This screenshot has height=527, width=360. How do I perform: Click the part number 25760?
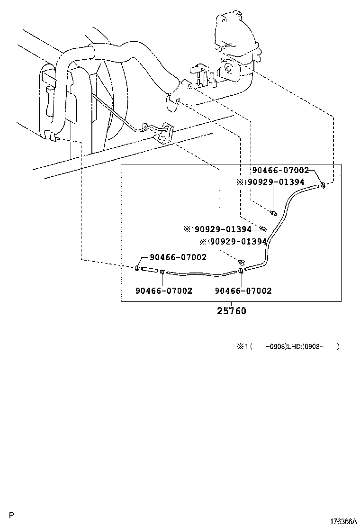[232, 311]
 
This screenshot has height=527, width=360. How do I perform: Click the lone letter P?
[12, 515]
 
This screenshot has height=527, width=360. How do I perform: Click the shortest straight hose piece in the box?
[149, 270]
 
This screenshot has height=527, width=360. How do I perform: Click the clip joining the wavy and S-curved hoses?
[241, 271]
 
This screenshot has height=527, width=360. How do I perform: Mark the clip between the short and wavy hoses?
[162, 272]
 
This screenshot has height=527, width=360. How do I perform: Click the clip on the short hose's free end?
[137, 268]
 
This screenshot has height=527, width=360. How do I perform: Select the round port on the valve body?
[228, 68]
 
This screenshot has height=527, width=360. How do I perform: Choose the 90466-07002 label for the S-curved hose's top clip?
[280, 171]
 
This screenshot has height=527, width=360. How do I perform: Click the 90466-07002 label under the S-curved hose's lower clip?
[243, 291]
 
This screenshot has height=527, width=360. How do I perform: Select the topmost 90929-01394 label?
[270, 182]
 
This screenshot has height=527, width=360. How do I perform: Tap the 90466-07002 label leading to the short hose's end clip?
[178, 257]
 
